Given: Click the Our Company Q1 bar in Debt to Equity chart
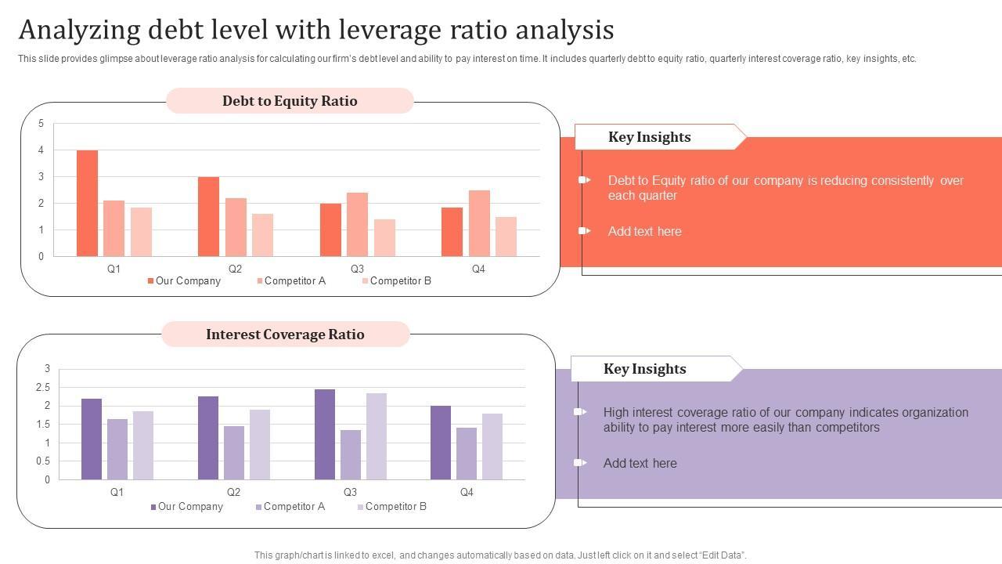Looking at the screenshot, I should pos(87,203).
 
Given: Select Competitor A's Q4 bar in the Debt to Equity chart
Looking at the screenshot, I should pos(479,223).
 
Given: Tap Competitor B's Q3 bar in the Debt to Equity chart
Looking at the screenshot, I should pos(384,237).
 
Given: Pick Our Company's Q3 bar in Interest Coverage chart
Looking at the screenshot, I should pos(325,434).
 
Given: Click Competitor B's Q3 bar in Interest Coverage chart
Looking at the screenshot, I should pos(377,436).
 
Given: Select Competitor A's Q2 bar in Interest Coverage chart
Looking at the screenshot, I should pos(234,453).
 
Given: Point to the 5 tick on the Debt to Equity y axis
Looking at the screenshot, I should pos(41,124).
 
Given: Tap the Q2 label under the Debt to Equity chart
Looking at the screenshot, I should pos(236,269).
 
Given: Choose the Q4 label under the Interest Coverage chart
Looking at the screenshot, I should pos(467,492).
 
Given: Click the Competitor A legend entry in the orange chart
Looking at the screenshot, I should pos(294,280).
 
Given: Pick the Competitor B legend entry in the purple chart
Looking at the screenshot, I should pos(395,506).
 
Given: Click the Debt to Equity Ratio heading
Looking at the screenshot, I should pos(290,101).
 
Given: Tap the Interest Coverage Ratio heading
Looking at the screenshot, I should pos(285,334).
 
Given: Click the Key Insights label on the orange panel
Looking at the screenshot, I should pos(649,137).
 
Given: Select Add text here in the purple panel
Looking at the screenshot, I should pos(640,463).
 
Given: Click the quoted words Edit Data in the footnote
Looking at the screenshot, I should pos(720,555).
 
